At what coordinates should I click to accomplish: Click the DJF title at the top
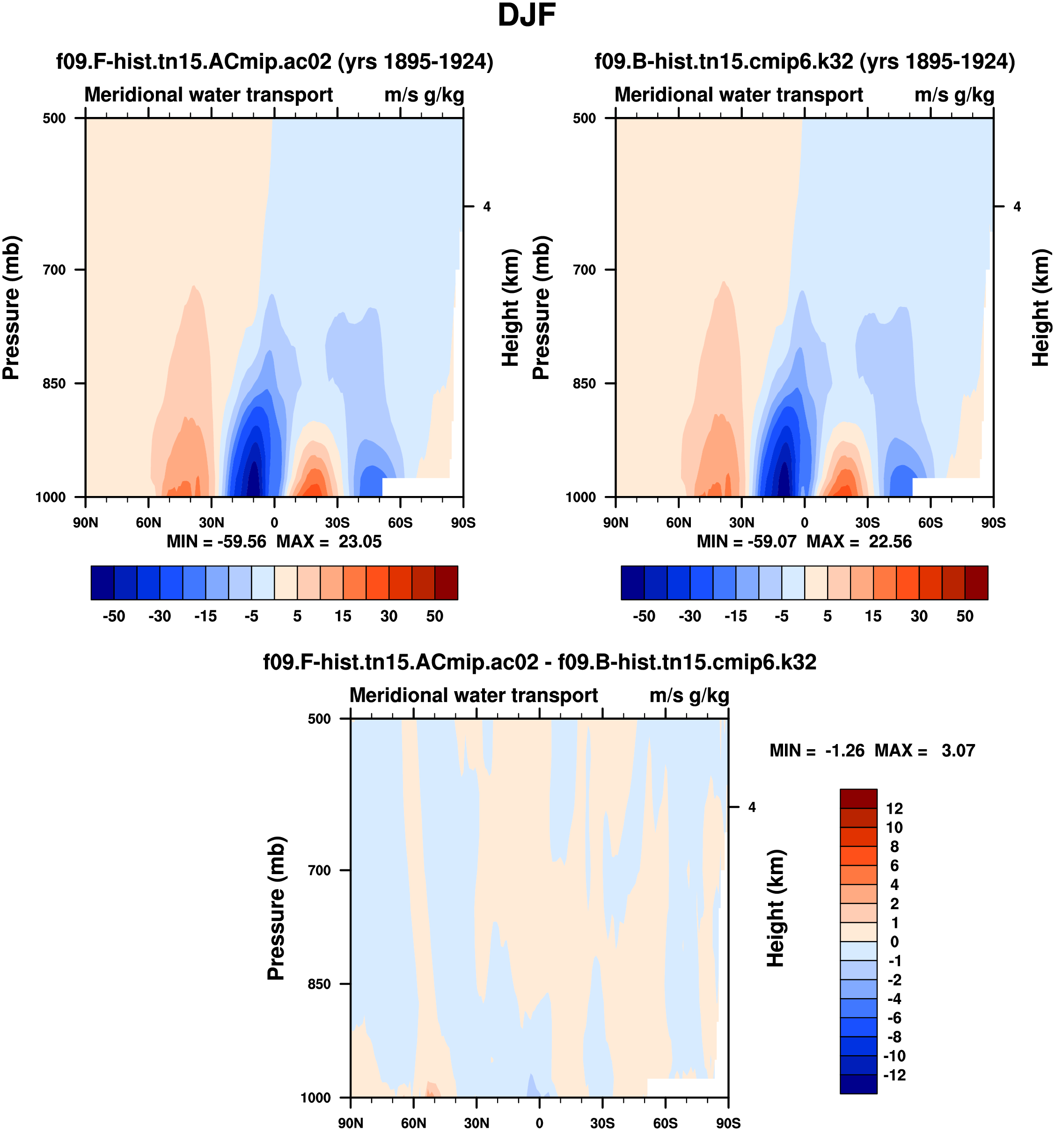[527, 15]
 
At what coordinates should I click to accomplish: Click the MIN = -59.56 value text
[216, 541]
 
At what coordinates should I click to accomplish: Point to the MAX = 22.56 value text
[859, 541]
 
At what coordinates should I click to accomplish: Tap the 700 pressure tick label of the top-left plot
[55, 270]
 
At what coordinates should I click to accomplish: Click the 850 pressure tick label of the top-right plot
[585, 383]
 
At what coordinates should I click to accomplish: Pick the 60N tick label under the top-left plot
[148, 522]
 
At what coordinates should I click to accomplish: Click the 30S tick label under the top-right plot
[867, 522]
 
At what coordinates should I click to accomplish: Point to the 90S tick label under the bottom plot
[728, 1123]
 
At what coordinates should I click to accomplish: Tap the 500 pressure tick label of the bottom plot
[319, 719]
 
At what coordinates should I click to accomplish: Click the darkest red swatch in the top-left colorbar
[446, 583]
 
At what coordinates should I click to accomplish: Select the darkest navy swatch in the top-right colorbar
[632, 583]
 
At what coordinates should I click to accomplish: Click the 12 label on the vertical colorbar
[894, 809]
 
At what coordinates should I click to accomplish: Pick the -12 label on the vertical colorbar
[894, 1075]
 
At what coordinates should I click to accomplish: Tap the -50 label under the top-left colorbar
[114, 616]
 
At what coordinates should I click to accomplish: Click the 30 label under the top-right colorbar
[919, 616]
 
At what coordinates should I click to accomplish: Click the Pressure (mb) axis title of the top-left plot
[11, 307]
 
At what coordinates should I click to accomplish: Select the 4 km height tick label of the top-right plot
[1017, 206]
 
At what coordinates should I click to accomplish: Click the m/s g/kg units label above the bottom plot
[689, 695]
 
